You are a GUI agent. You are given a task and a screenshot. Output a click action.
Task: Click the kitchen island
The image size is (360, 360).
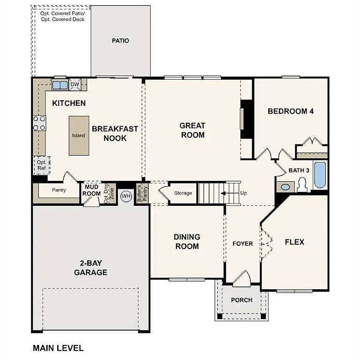78,135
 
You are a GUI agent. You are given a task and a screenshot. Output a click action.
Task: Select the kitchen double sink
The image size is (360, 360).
60,85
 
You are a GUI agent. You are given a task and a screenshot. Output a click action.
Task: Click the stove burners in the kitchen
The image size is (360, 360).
39,123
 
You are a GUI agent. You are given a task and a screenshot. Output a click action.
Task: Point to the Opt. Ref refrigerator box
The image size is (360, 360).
41,165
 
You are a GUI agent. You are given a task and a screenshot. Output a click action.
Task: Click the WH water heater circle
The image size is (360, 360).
126,196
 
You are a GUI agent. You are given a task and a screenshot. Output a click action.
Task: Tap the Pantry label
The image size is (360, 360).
59,190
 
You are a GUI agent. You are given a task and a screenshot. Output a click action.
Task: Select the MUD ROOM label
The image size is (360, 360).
92,190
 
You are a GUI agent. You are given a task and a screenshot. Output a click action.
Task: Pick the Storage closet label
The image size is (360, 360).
183,193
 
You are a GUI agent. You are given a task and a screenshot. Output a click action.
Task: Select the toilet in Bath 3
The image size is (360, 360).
302,185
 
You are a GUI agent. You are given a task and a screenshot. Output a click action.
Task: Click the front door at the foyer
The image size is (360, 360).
242,279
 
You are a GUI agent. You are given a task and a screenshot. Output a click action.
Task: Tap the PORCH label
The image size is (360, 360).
242,300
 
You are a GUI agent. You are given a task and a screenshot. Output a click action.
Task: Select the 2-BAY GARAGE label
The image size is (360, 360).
90,268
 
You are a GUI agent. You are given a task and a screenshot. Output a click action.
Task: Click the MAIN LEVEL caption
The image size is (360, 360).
58,348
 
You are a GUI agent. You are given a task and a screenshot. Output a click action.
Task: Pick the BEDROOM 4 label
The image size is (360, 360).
291,111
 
